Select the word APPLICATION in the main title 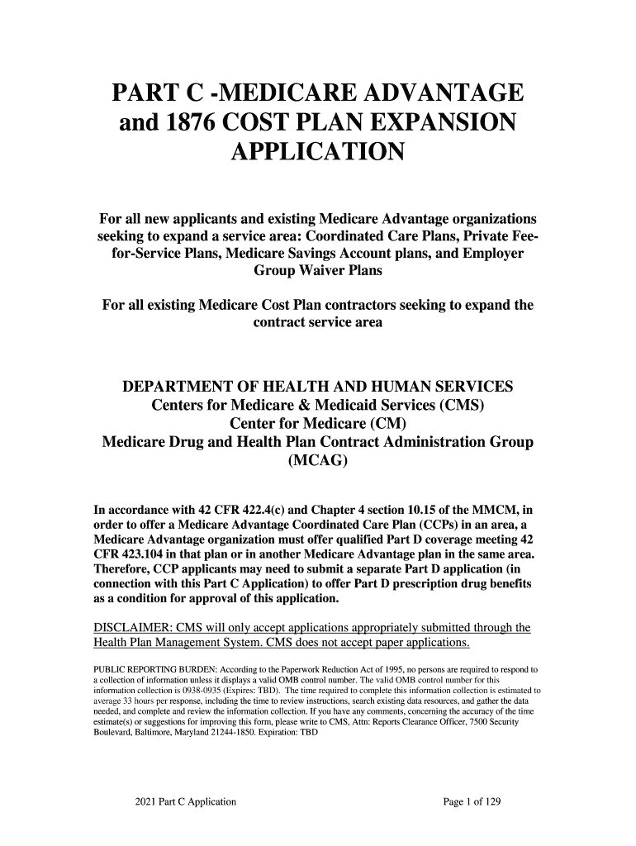pyautogui.click(x=318, y=154)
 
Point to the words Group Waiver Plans pyautogui.click(x=318, y=271)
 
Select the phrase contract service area pyautogui.click(x=318, y=323)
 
